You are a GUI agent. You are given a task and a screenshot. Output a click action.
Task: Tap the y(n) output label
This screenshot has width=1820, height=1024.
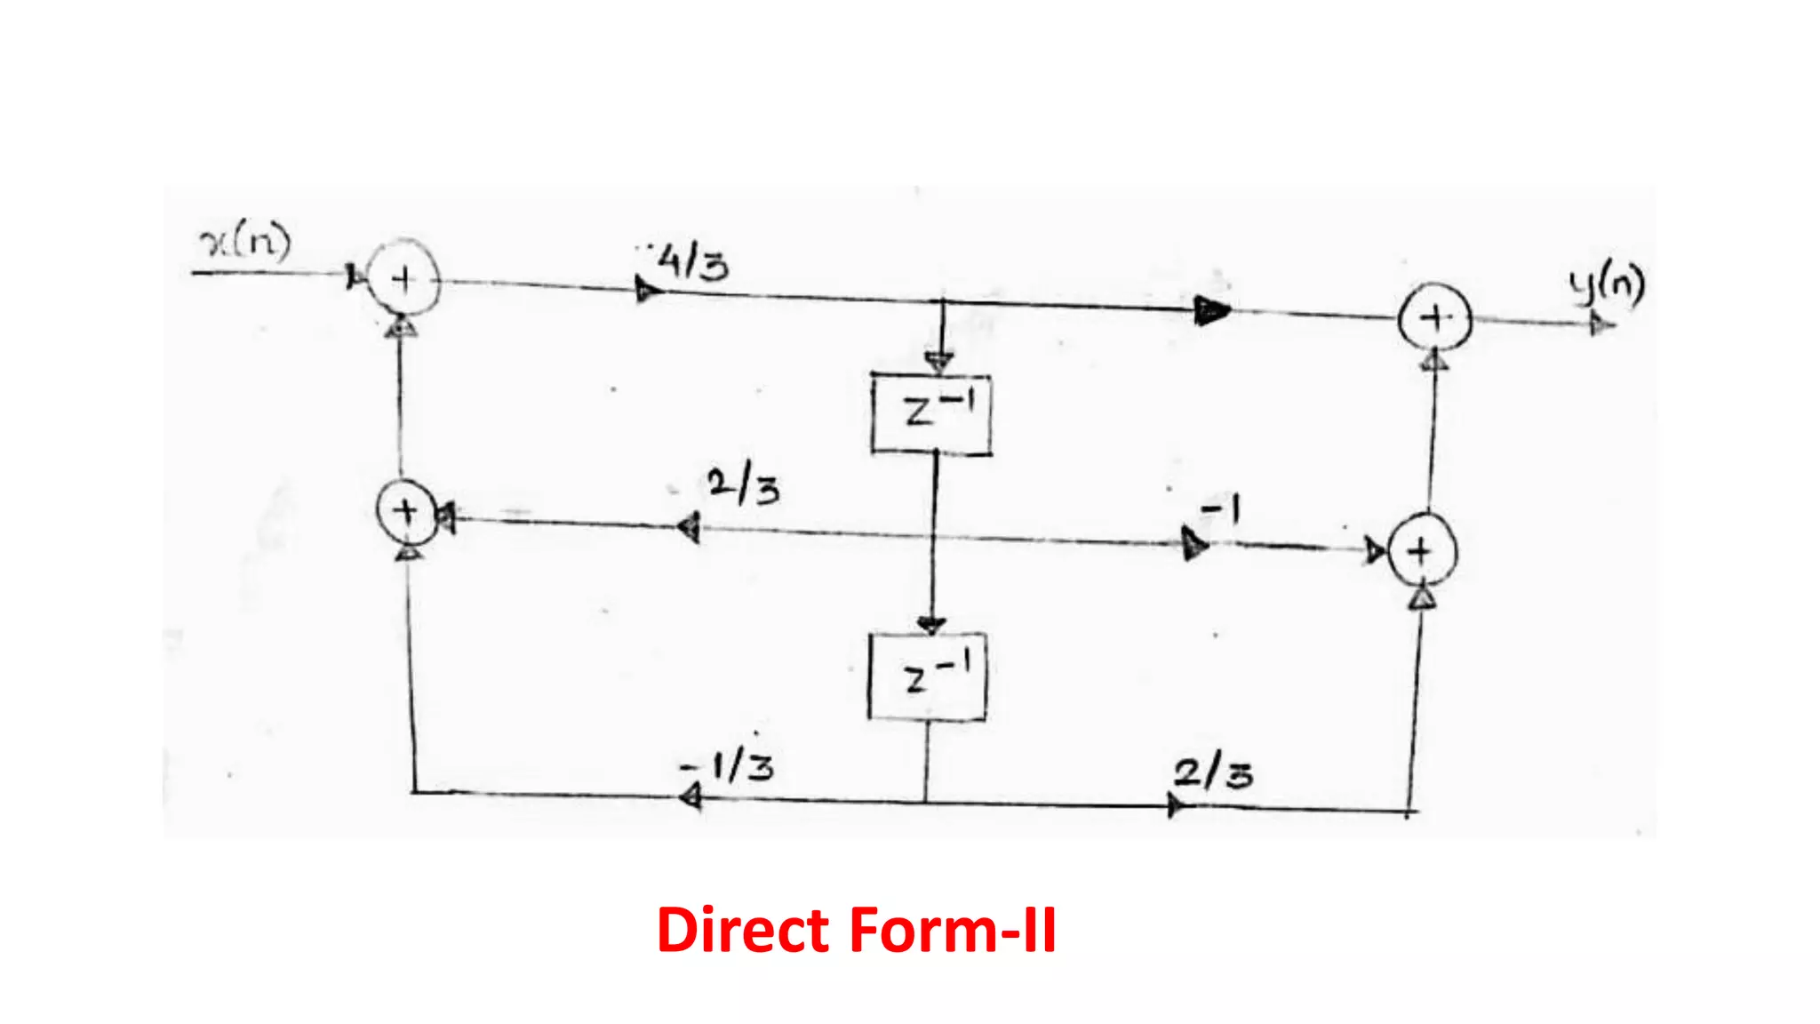(x=1607, y=285)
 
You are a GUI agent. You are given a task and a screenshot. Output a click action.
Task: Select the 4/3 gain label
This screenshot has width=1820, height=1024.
(x=692, y=263)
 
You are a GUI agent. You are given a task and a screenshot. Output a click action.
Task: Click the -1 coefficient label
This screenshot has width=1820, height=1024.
(x=1220, y=510)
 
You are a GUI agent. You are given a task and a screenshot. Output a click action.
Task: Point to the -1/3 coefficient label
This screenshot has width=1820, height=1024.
(x=728, y=766)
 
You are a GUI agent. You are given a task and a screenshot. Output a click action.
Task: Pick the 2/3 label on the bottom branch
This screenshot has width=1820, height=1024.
(x=1213, y=772)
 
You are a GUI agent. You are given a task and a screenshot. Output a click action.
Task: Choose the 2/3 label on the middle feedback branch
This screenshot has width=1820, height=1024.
(x=743, y=486)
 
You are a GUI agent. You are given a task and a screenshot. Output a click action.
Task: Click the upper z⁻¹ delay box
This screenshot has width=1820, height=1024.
(x=931, y=413)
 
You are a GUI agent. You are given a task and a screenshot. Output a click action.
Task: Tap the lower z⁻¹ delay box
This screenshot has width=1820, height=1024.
(x=927, y=676)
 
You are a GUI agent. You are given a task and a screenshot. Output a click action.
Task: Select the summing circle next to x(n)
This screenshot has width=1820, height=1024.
(x=403, y=278)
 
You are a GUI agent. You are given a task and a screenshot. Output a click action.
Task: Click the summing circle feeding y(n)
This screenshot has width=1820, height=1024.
(x=1434, y=318)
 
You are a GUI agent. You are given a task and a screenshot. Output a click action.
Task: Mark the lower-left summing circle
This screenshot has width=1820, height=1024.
(x=406, y=512)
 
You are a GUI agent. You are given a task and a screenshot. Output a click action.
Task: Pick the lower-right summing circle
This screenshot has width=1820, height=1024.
(x=1421, y=551)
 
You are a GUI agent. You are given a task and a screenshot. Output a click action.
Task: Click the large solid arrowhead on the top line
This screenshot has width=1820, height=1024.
(x=1211, y=310)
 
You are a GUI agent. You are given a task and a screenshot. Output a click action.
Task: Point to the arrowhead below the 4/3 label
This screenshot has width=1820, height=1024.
(x=648, y=289)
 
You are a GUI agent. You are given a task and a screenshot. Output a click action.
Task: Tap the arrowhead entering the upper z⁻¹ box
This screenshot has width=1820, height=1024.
(x=939, y=361)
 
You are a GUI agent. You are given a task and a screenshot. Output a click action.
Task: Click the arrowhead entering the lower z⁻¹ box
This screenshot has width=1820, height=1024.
(x=930, y=624)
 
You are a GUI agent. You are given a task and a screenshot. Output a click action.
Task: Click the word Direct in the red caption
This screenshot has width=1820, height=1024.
(x=743, y=931)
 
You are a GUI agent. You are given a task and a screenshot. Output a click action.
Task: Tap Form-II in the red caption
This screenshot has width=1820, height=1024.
(x=953, y=931)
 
